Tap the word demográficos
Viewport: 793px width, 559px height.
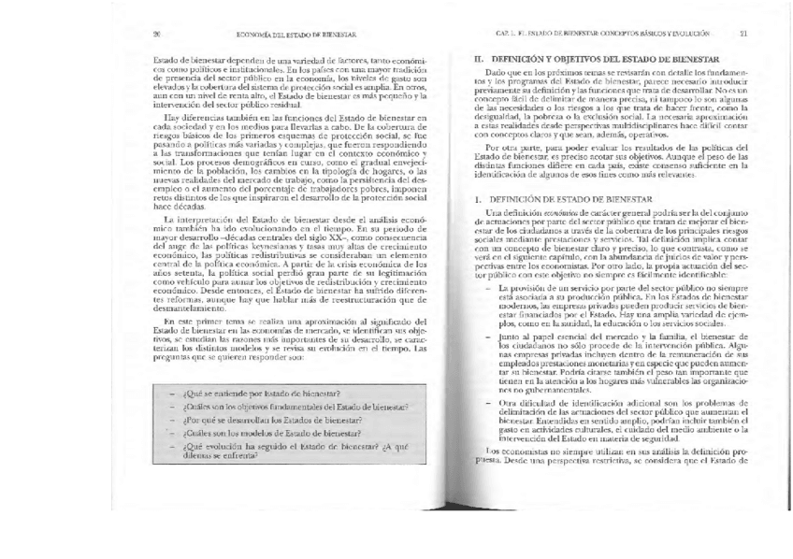click(x=262, y=162)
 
